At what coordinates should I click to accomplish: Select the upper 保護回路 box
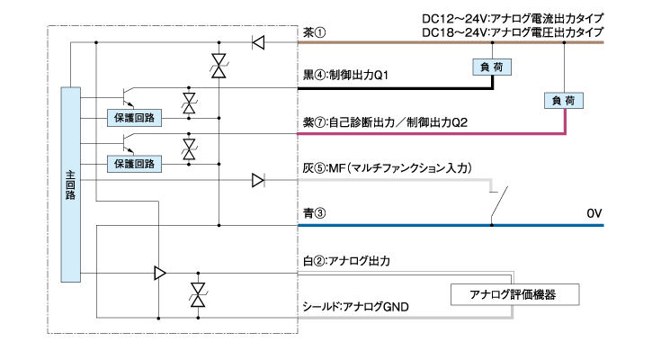point(132,117)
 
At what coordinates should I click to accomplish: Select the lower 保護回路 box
point(132,163)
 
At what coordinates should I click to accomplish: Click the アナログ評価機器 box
point(512,294)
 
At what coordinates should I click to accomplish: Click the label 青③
point(315,214)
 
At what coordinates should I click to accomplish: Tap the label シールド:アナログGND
point(356,307)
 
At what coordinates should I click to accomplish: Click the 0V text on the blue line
point(594,214)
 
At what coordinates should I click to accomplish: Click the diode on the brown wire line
point(258,41)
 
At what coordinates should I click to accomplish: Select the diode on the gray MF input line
point(258,181)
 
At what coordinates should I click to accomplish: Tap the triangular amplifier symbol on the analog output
point(159,273)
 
